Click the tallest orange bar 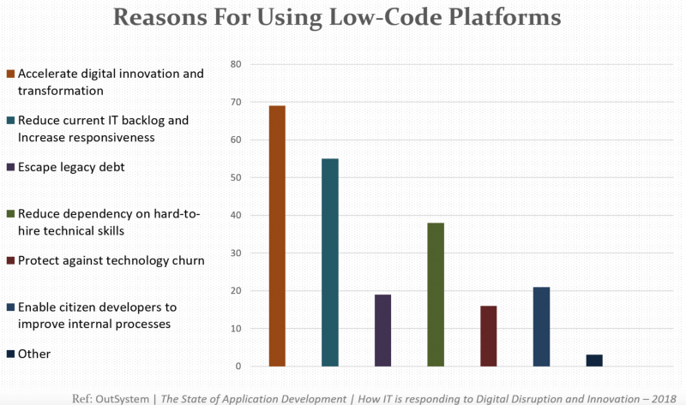pyautogui.click(x=277, y=235)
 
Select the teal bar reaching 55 pyautogui.click(x=329, y=262)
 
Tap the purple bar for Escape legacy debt pyautogui.click(x=382, y=331)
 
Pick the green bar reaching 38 pyautogui.click(x=436, y=295)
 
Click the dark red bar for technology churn pyautogui.click(x=489, y=336)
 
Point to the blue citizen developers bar pyautogui.click(x=541, y=326)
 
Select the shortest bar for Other pyautogui.click(x=594, y=360)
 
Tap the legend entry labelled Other pyautogui.click(x=34, y=354)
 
